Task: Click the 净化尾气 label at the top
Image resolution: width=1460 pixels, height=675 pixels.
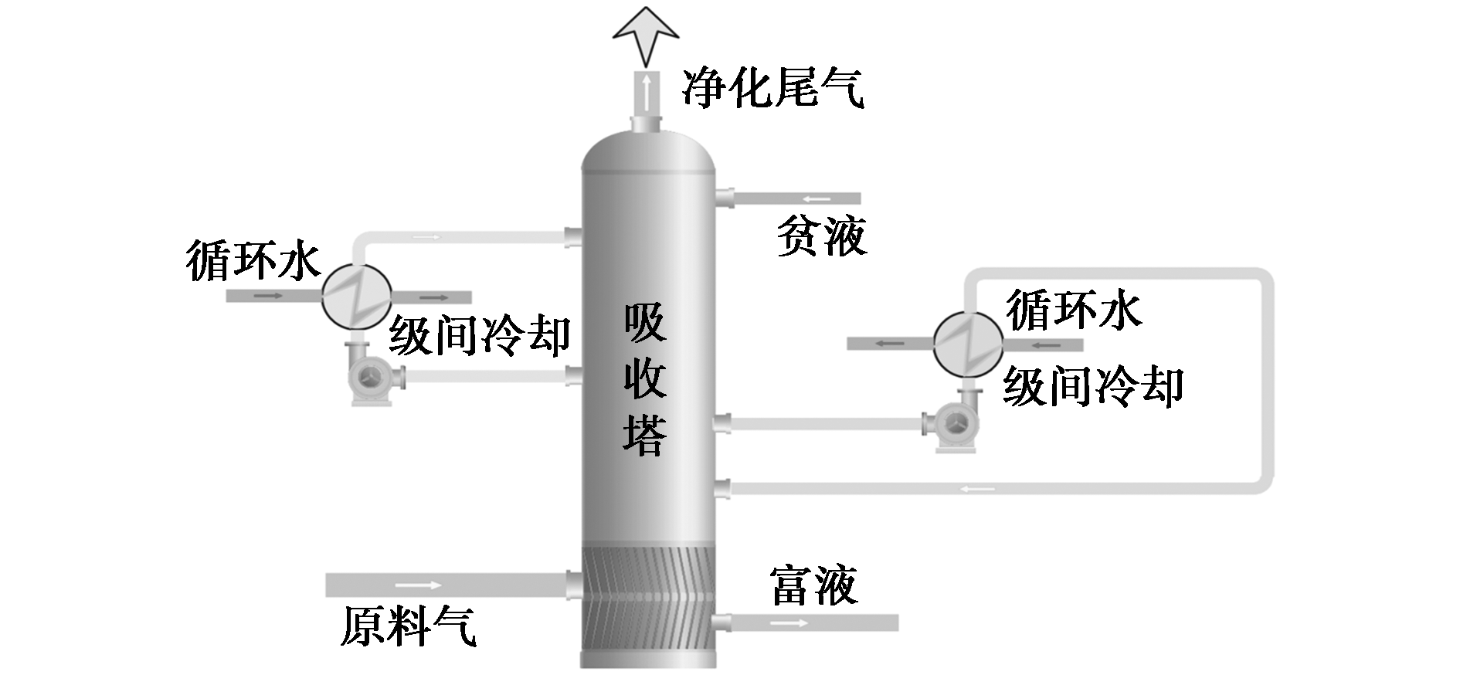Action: click(x=772, y=87)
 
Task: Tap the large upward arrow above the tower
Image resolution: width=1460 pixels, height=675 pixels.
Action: click(x=645, y=35)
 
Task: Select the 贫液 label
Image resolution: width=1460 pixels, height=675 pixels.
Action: click(x=821, y=235)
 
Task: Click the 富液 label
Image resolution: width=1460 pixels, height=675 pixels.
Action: click(x=813, y=585)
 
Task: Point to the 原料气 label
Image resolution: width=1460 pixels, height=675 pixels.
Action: click(x=409, y=625)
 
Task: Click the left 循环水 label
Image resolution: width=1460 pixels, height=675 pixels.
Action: click(x=253, y=260)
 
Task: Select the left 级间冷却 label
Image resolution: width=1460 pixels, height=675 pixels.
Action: click(x=480, y=334)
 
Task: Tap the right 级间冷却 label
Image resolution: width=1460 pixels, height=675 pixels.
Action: click(x=1093, y=385)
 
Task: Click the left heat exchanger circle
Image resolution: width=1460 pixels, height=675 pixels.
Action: click(x=357, y=296)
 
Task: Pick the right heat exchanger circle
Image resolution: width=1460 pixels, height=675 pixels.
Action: click(x=969, y=344)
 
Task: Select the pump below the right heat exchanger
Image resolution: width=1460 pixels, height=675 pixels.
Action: click(x=952, y=421)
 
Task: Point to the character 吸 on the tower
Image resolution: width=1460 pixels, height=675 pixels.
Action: click(x=645, y=322)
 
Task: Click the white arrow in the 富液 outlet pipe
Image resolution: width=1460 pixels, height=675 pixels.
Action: click(x=788, y=622)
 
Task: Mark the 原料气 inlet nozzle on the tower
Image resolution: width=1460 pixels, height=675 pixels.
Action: click(x=574, y=584)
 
